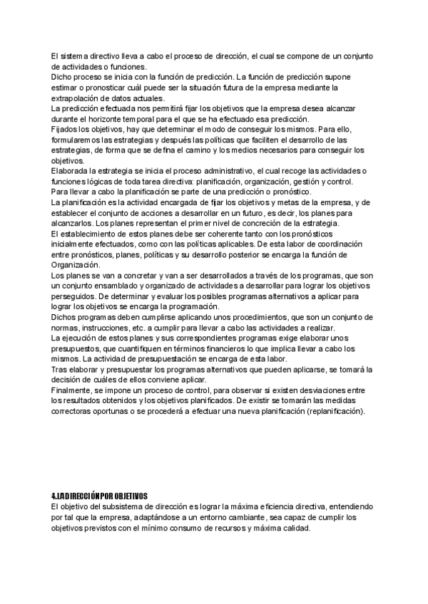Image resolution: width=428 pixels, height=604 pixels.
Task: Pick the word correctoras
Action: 74,412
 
